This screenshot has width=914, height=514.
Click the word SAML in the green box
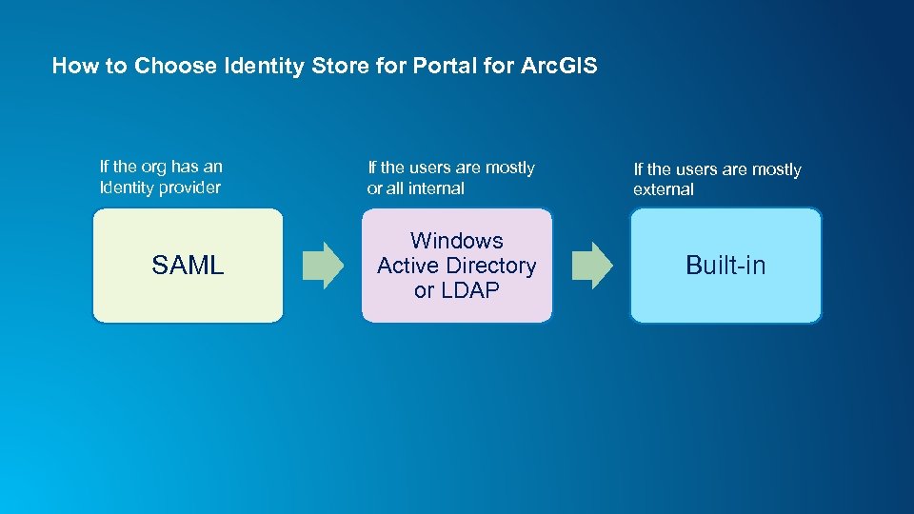(x=188, y=266)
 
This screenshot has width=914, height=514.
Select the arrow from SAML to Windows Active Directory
(x=323, y=266)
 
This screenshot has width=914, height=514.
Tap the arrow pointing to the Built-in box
(x=591, y=266)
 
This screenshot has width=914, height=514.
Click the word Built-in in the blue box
(x=725, y=266)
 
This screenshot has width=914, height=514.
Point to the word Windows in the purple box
(x=456, y=241)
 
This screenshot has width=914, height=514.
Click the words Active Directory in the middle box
(x=456, y=266)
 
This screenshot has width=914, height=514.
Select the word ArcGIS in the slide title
(x=559, y=66)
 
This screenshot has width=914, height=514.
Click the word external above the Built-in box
(x=664, y=189)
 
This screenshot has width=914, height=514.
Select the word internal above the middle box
(x=436, y=188)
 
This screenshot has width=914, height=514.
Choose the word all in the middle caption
(x=395, y=188)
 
